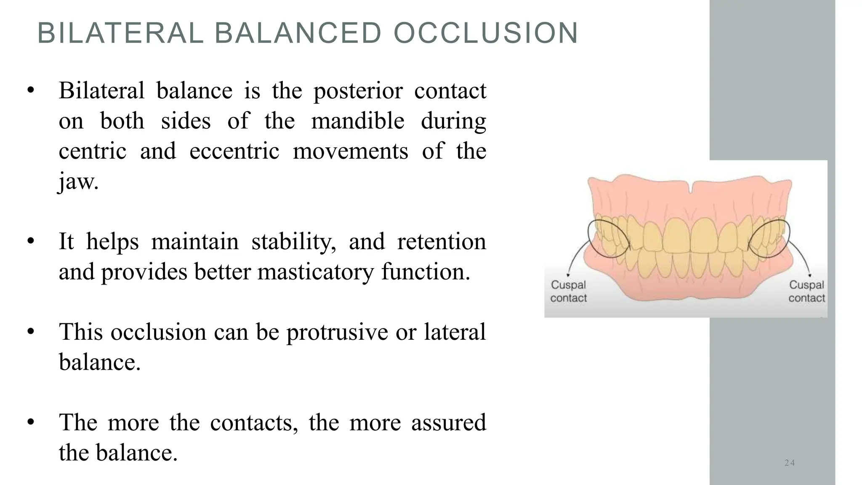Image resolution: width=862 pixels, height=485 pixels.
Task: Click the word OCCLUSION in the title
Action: point(486,33)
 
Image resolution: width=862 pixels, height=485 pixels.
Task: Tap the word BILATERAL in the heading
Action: point(120,33)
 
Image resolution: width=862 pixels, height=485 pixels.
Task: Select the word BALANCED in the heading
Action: point(298,33)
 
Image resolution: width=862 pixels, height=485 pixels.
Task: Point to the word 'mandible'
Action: point(358,121)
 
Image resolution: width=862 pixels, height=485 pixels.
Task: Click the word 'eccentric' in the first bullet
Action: point(234,151)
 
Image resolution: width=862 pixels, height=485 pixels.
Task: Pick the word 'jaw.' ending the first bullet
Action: point(78,182)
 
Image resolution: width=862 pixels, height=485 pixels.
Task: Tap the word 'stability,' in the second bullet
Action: point(294,242)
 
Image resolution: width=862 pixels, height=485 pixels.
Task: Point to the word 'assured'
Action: point(449,423)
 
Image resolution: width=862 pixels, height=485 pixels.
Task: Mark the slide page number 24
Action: point(790,463)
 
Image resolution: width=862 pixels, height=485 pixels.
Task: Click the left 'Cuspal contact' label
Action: point(568,291)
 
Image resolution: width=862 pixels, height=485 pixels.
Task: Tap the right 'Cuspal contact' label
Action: point(806,291)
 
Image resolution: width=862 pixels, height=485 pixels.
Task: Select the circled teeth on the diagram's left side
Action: point(608,239)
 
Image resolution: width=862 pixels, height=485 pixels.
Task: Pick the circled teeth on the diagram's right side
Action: point(769,238)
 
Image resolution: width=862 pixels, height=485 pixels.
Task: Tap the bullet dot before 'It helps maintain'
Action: point(30,242)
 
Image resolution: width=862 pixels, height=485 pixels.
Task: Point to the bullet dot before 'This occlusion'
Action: point(30,332)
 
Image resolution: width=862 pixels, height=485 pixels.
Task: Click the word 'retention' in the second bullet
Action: point(442,242)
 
